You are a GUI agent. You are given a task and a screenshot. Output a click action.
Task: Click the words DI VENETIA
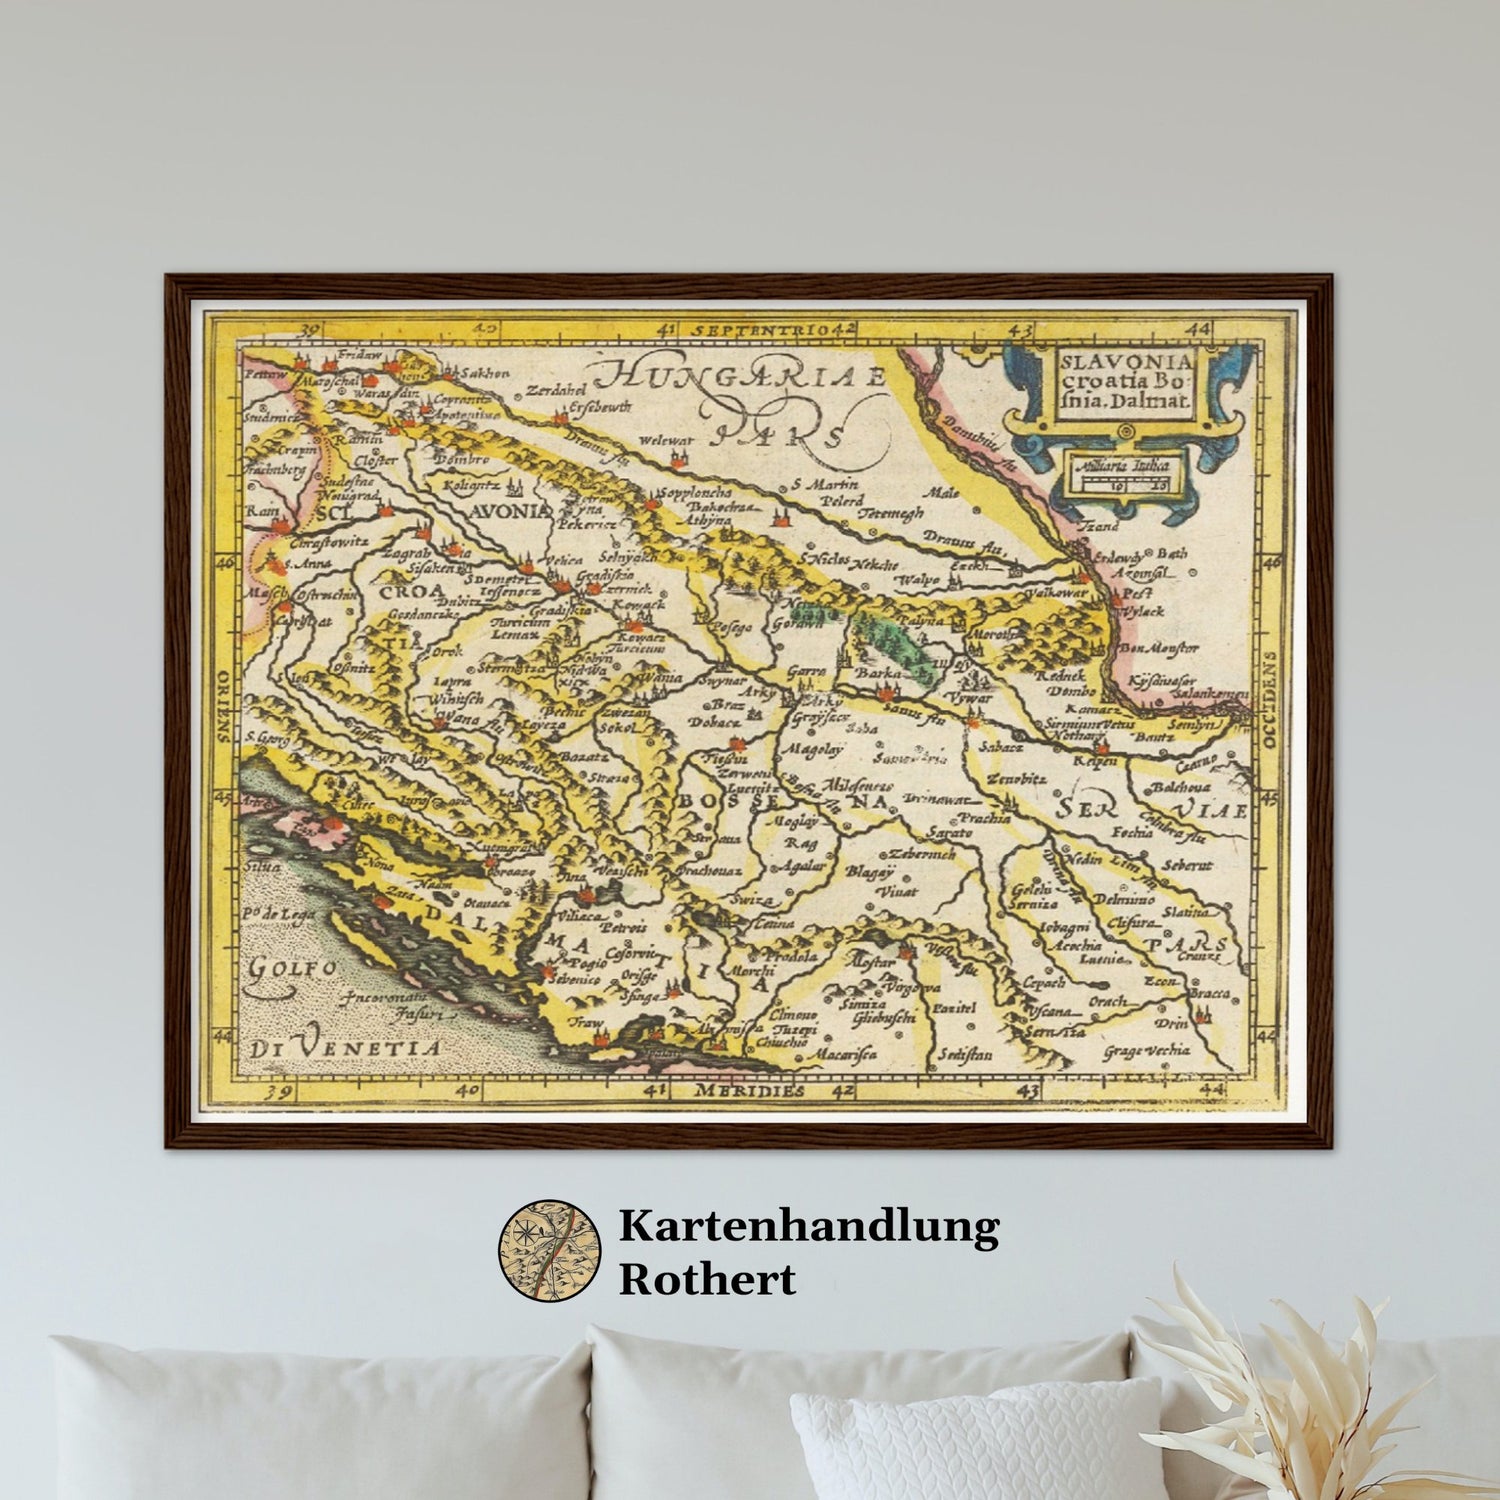click(x=346, y=1049)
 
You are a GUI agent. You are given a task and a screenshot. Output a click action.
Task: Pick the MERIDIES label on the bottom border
click(x=750, y=1090)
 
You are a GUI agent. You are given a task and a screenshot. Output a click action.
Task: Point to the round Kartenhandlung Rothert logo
click(x=549, y=1249)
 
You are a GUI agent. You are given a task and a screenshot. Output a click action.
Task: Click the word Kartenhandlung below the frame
click(x=808, y=1226)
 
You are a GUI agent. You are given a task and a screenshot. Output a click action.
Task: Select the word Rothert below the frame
click(x=706, y=1279)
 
